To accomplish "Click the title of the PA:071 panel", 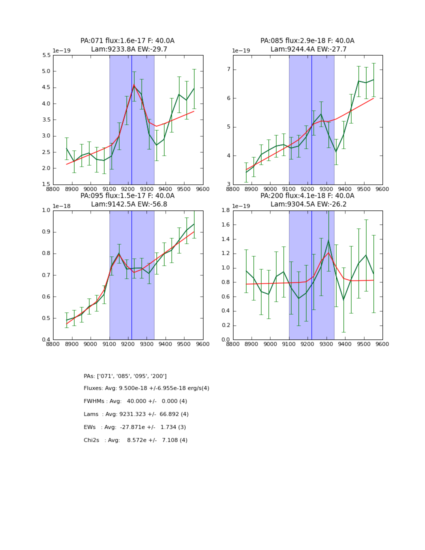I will (127, 41).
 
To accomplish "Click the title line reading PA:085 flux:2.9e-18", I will (307, 41).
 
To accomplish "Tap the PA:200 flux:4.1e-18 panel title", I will (307, 196).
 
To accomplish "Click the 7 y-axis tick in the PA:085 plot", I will (227, 69).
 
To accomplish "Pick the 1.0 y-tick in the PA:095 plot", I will (46, 210).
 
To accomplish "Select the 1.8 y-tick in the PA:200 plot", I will (225, 210).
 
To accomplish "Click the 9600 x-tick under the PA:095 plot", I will (202, 344).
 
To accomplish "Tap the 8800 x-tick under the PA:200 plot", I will (233, 344).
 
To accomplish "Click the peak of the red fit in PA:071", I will (133, 85).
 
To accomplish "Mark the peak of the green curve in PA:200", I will (328, 240).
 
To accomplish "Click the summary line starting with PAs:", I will (125, 376).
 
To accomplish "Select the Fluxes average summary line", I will (146, 388).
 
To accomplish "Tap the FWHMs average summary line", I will (135, 401).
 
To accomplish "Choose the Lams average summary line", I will (136, 414).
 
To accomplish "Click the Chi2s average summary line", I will (135, 440).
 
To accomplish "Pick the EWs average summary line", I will (134, 427).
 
